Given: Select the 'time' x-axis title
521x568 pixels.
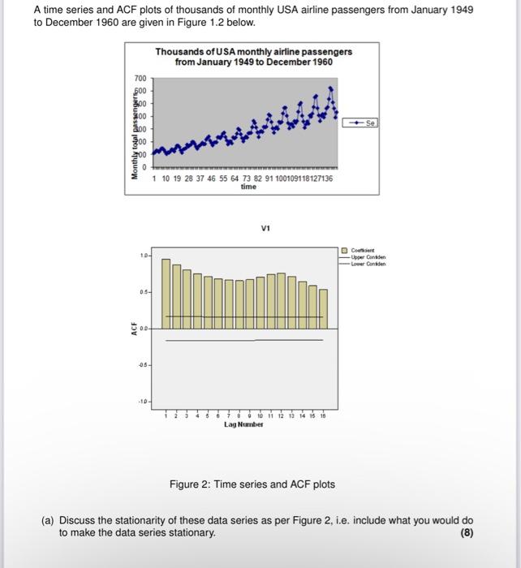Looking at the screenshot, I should [248, 187].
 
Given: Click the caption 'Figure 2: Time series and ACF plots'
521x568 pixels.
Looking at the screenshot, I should [252, 484].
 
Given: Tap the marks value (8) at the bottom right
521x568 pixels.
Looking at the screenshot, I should [465, 533].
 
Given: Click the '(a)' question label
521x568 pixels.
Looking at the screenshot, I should [50, 520].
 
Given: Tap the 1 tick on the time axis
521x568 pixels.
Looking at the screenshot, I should [155, 179].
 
